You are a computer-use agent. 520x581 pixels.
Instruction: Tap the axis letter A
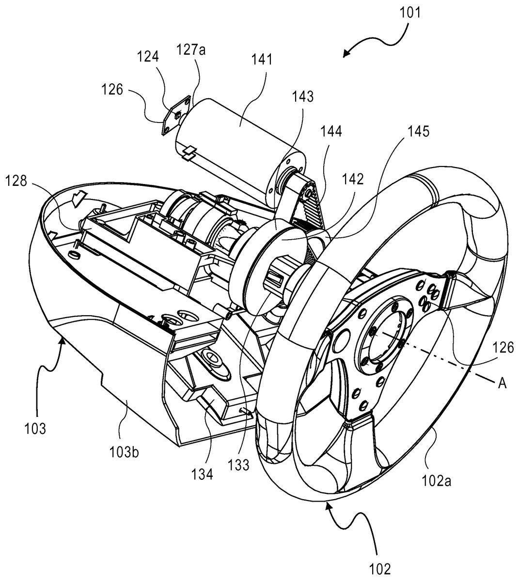(502, 383)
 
